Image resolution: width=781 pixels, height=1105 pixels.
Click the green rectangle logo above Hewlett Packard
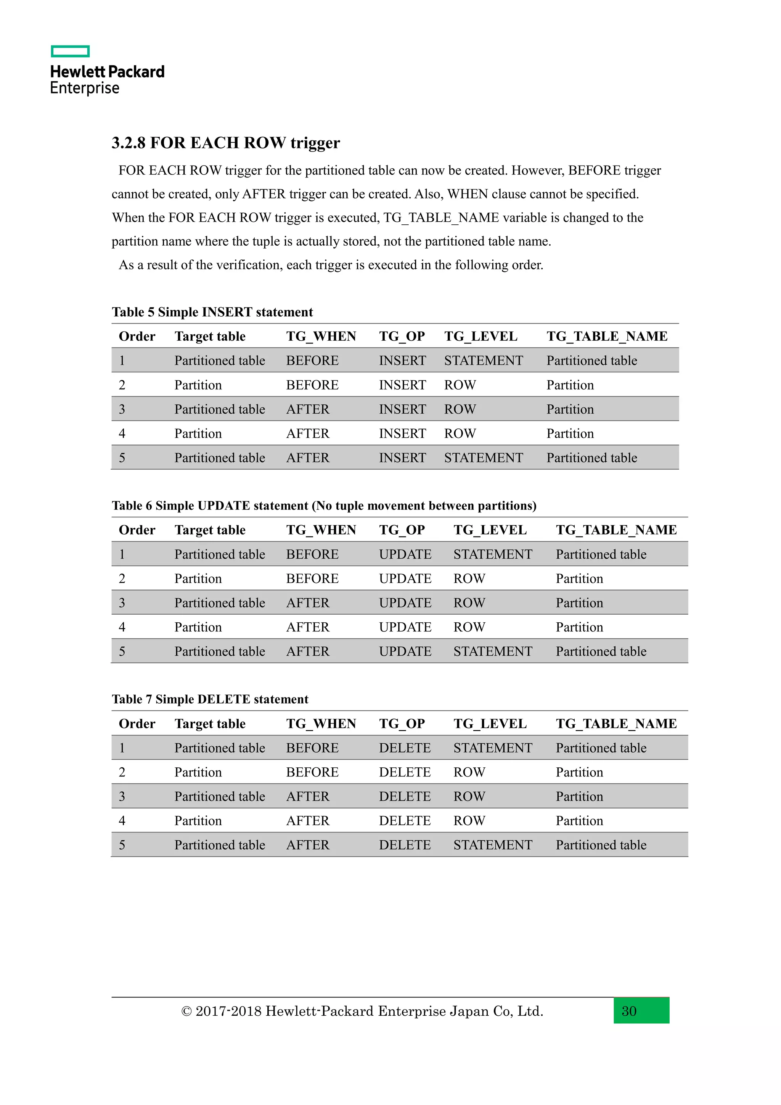point(70,51)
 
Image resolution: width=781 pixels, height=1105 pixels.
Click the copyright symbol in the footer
point(186,1011)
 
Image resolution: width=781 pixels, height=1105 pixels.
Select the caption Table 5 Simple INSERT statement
point(212,312)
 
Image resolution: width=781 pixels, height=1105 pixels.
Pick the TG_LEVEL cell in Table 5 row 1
point(483,361)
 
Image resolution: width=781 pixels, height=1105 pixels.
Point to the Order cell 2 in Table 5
point(122,385)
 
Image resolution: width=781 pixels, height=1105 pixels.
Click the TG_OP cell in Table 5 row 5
point(402,458)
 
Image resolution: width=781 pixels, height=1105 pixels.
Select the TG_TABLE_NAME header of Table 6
point(616,530)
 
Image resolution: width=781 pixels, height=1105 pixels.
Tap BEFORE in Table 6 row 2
point(312,578)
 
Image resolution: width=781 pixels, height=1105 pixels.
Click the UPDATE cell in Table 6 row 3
point(405,602)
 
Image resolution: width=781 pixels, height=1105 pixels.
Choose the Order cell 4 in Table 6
point(122,627)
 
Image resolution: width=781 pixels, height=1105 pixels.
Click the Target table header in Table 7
point(210,724)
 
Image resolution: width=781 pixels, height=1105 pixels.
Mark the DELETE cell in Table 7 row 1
point(405,748)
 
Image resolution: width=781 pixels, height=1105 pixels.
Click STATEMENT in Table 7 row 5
point(492,845)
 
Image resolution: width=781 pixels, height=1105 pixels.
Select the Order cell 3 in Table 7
point(122,796)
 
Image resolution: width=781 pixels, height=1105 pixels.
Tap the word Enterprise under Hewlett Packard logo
point(85,89)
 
